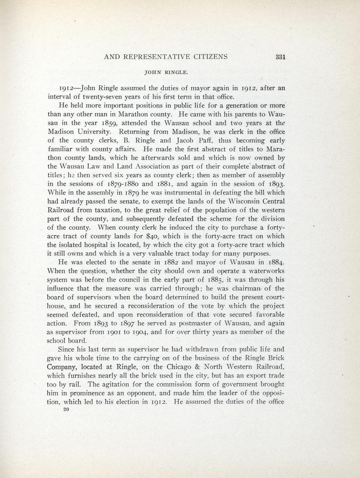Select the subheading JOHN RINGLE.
tap(166, 73)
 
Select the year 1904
tap(138, 332)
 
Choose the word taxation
tap(126, 210)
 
